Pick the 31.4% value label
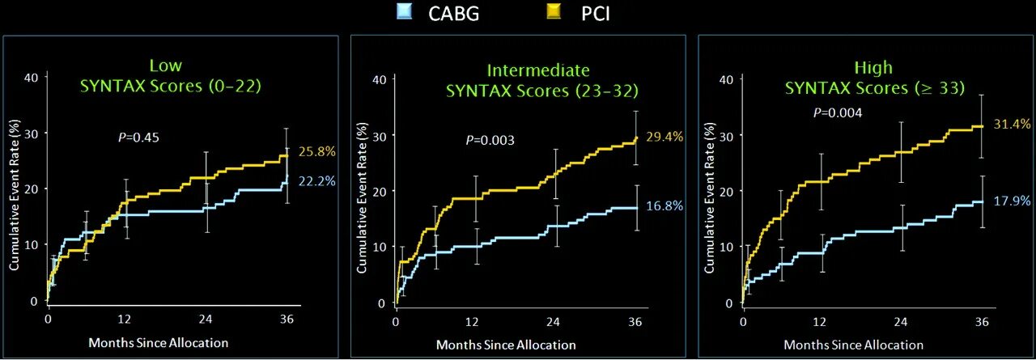point(1013,124)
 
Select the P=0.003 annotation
point(490,141)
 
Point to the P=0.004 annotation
point(838,112)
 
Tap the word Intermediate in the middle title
point(538,70)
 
